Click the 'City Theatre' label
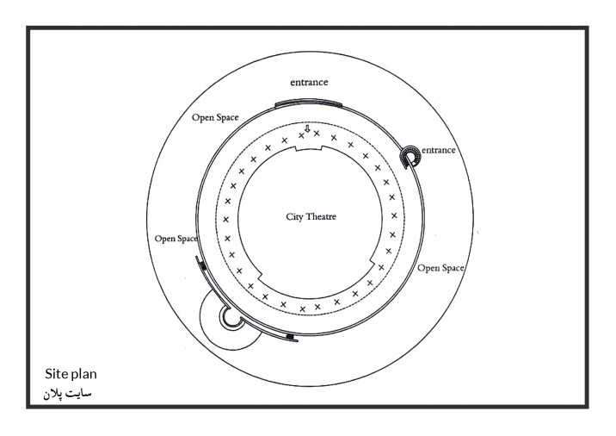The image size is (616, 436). click(x=311, y=216)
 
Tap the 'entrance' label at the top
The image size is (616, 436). click(x=309, y=82)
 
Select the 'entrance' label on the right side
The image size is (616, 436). click(x=439, y=150)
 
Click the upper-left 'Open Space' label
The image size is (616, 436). click(x=215, y=117)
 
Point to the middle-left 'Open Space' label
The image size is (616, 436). click(x=176, y=239)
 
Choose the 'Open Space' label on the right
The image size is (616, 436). click(x=440, y=268)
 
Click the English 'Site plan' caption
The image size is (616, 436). click(x=71, y=373)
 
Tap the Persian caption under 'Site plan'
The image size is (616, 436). click(x=67, y=394)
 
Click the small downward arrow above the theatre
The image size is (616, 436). click(x=308, y=128)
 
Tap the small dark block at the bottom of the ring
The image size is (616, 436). click(x=290, y=337)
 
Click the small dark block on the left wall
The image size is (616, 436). click(x=204, y=266)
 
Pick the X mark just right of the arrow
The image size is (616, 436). click(x=317, y=134)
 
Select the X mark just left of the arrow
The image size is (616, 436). click(x=301, y=136)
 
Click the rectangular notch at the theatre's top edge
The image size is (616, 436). click(x=309, y=148)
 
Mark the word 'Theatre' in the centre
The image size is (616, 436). click(x=321, y=216)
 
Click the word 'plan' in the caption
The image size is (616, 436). click(x=85, y=374)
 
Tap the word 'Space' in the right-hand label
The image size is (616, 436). click(x=453, y=268)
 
